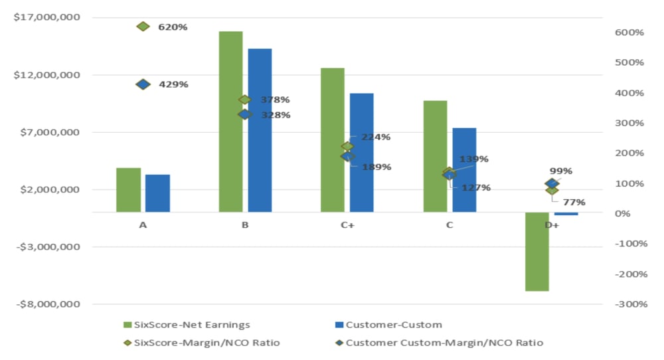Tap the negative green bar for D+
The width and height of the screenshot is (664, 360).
tap(537, 252)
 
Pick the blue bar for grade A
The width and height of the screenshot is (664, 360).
tap(157, 193)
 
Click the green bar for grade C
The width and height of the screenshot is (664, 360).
tap(435, 156)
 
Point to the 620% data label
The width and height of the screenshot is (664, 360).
tap(173, 27)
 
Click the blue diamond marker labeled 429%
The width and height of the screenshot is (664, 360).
tap(143, 84)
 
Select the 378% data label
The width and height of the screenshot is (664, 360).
tap(275, 100)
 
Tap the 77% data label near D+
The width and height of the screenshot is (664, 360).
tap(574, 202)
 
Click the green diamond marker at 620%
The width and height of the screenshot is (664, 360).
tap(143, 27)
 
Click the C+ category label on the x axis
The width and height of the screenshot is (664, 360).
tap(347, 225)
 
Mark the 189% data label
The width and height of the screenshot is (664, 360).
tap(376, 167)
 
